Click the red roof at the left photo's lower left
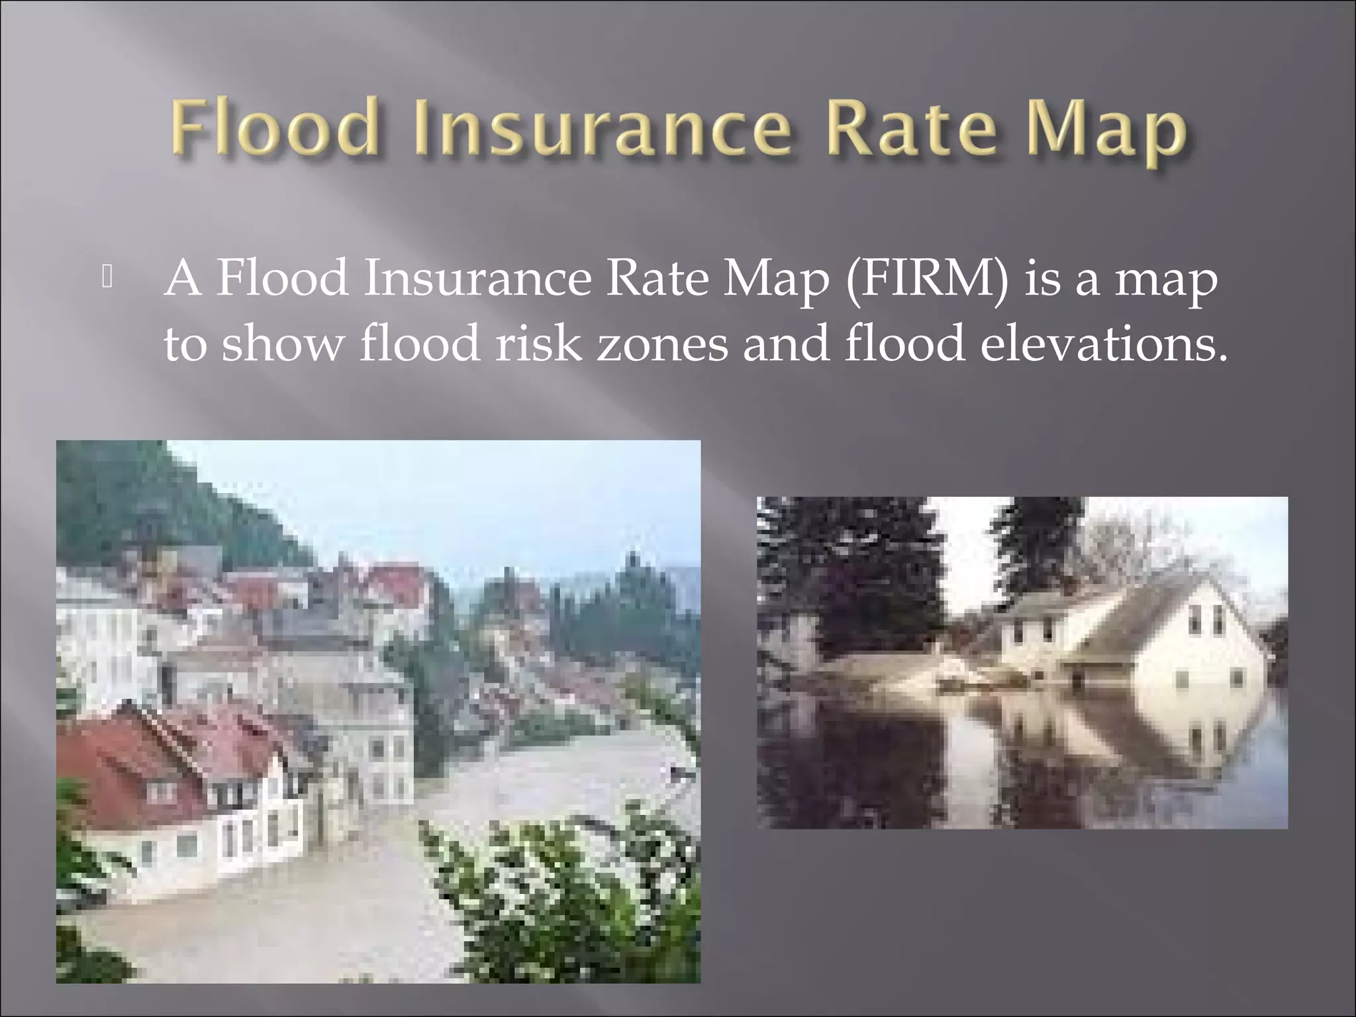126,768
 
